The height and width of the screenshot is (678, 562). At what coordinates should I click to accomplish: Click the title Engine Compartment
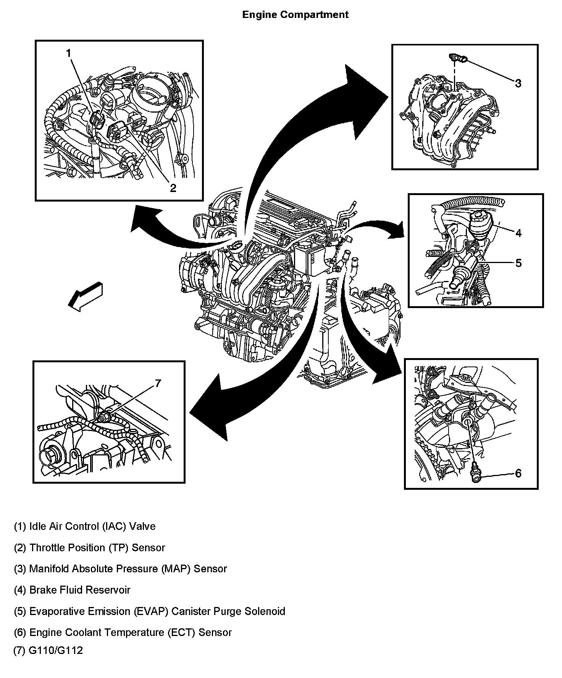pos(295,15)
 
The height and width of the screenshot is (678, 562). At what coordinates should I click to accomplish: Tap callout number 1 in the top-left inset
pos(69,53)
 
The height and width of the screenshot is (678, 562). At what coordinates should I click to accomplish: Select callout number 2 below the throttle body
pos(173,188)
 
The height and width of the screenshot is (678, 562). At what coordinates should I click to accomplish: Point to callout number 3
pos(518,83)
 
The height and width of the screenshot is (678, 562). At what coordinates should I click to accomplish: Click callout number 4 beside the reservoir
pos(518,232)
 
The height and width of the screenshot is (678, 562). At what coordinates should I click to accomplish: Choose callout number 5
pos(518,263)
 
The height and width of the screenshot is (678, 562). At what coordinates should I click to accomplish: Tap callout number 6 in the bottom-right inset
pos(518,473)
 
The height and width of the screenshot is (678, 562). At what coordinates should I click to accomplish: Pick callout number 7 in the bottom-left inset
pos(158,383)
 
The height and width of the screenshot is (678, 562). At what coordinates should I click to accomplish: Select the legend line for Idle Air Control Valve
pos(85,526)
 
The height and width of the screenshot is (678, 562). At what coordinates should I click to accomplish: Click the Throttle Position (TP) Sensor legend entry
pos(89,548)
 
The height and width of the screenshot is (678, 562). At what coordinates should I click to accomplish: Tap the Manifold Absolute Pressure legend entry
pos(120,569)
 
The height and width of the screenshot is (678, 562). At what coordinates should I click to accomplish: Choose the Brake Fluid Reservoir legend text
pos(72,590)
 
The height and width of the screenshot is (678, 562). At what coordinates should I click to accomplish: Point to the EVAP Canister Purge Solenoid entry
pos(149,611)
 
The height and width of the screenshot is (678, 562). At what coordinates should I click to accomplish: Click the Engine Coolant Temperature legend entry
pos(123,632)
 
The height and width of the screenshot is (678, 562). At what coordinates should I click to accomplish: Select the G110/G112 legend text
pos(48,651)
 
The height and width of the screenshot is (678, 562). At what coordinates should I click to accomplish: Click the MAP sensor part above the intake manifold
pos(457,58)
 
